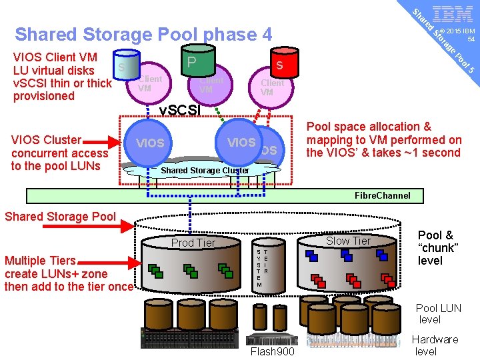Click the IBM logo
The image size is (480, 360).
(x=453, y=13)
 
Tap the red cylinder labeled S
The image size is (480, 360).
(x=279, y=65)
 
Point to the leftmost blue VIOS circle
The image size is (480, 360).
(x=150, y=143)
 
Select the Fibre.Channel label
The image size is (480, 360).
(x=383, y=195)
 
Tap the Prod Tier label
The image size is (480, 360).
(x=193, y=243)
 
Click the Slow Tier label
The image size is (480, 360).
(x=347, y=241)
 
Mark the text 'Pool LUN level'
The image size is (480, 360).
(x=438, y=313)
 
